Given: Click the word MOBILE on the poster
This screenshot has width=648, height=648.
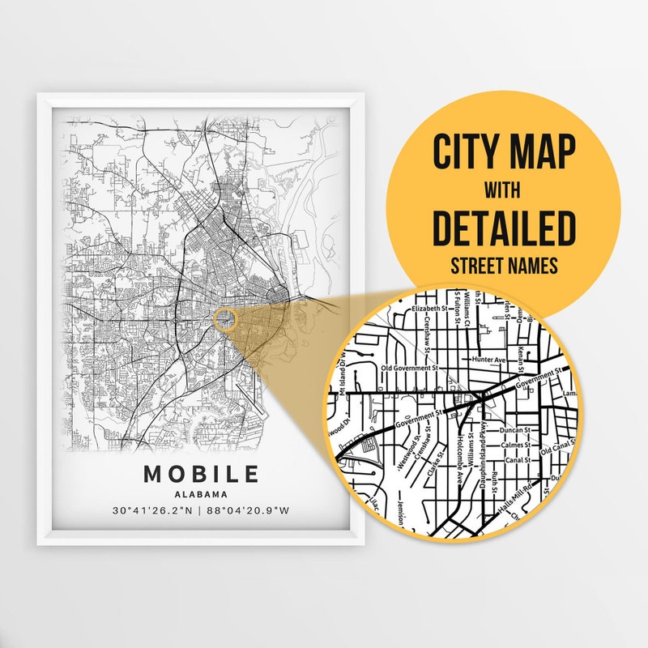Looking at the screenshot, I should [x=202, y=474].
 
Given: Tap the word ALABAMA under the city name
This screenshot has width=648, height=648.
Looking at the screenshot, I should [x=202, y=494].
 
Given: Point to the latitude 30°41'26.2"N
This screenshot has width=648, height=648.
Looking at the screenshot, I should [x=154, y=511].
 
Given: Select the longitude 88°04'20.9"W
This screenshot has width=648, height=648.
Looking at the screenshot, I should [x=249, y=511].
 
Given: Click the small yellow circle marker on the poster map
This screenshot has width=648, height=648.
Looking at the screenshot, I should [x=226, y=318].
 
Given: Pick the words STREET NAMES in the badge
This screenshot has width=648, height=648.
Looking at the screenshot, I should [x=503, y=266].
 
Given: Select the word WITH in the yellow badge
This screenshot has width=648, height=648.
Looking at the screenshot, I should [x=503, y=191].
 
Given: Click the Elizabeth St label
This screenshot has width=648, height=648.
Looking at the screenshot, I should [x=430, y=309].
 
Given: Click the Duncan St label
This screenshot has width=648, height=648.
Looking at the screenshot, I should [x=515, y=430].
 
